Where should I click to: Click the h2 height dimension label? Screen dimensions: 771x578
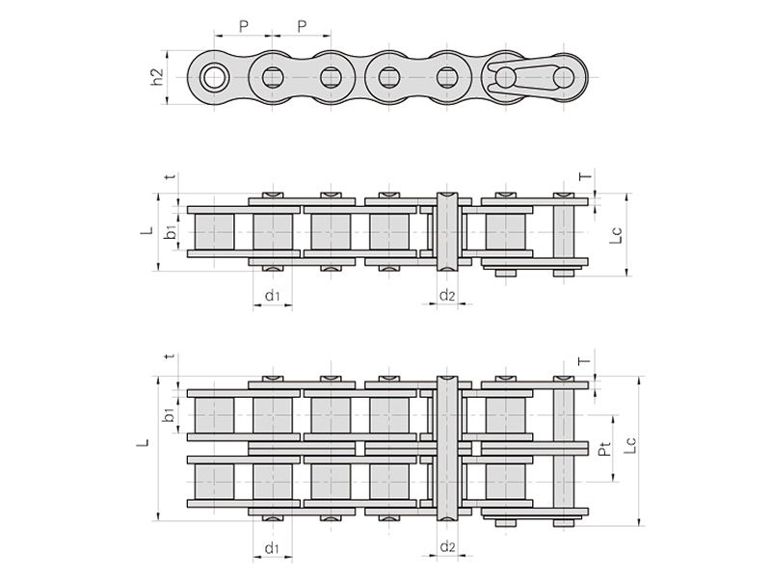157,77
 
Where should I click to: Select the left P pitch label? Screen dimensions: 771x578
244,26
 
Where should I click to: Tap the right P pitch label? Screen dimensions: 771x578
302,26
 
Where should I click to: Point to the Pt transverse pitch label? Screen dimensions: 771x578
605,448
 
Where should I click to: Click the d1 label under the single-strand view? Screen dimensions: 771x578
272,296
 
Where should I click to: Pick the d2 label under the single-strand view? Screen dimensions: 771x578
447,295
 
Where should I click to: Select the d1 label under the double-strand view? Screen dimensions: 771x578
272,548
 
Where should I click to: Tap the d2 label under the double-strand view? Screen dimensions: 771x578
447,546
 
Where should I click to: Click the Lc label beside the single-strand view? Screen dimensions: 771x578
617,234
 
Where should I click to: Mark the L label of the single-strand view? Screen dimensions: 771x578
147,230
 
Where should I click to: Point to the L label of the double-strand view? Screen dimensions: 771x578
143,443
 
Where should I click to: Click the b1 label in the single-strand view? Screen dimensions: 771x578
171,232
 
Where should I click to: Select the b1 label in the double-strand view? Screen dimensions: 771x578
169,414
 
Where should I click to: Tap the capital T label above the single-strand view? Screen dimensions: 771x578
585,176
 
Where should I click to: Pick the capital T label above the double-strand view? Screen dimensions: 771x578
584,361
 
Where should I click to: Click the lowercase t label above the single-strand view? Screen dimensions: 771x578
171,176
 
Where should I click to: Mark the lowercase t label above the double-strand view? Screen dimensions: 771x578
171,355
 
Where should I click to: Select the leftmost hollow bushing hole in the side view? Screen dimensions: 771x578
214,78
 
